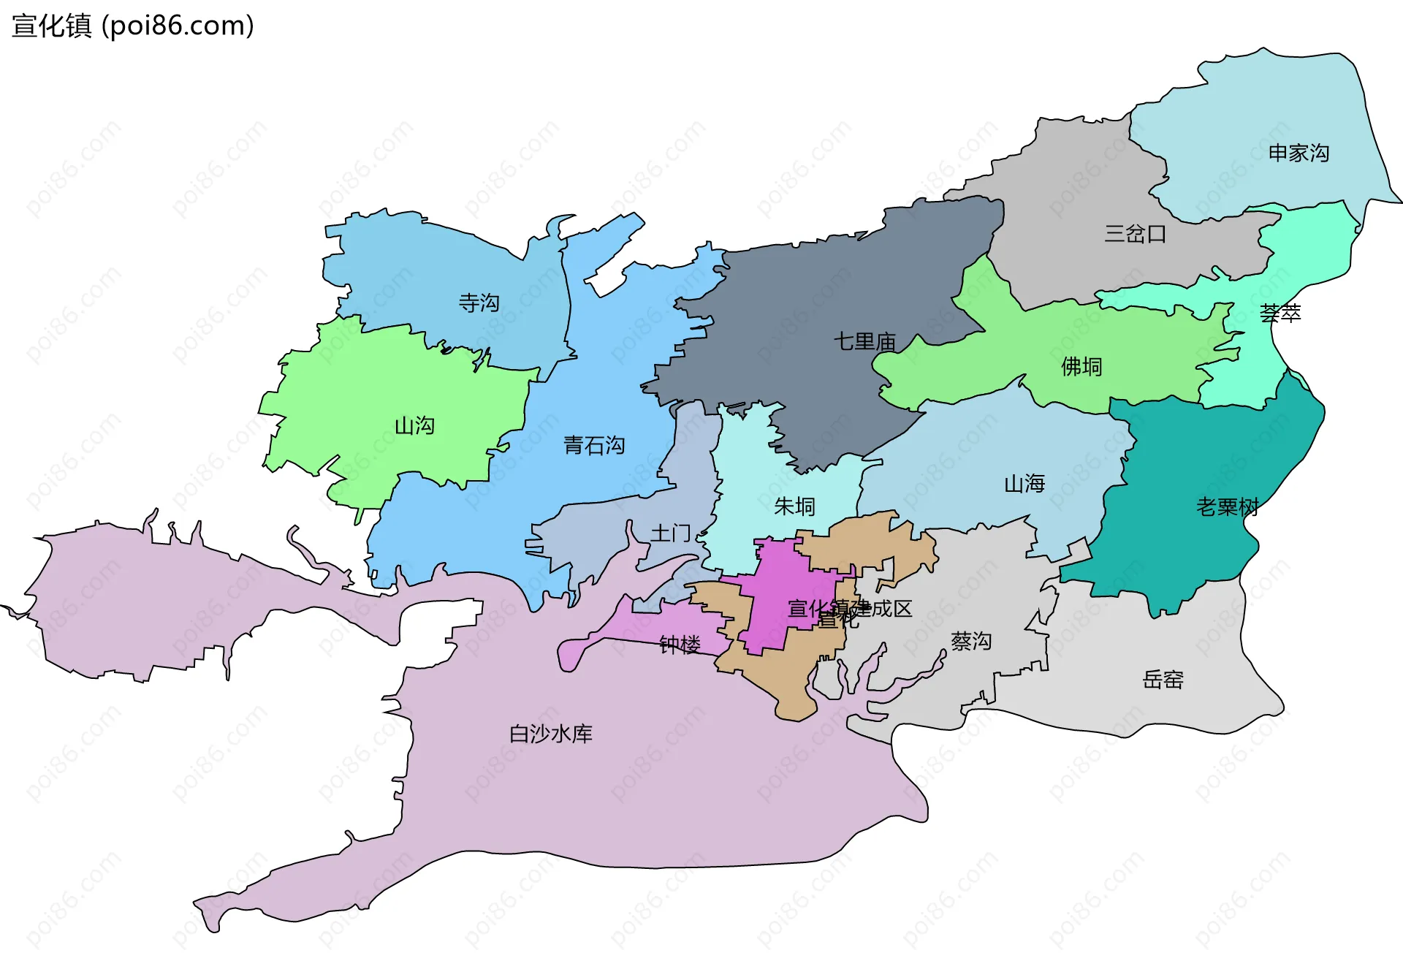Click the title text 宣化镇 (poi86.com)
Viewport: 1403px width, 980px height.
pos(133,26)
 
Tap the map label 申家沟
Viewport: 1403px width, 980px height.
pos(1299,153)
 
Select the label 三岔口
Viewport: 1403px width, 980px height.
pos(1135,234)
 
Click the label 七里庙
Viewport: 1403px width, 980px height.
pos(865,341)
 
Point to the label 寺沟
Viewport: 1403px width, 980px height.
pos(479,303)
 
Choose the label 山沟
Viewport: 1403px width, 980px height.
pos(414,425)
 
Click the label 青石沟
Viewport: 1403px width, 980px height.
pos(594,445)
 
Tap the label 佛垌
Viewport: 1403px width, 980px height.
pos(1081,366)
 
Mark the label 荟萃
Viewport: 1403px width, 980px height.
pos(1280,314)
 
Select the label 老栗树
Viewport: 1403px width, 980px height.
pos(1227,506)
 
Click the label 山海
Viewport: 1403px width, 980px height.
pos(1024,484)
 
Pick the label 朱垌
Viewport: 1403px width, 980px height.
pos(794,506)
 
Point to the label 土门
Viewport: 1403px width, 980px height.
pos(670,533)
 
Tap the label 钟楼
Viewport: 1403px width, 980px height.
pos(680,645)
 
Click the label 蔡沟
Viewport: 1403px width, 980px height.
pos(971,642)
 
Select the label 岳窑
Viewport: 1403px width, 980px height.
pos(1163,680)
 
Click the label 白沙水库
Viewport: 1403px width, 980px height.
pos(551,734)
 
